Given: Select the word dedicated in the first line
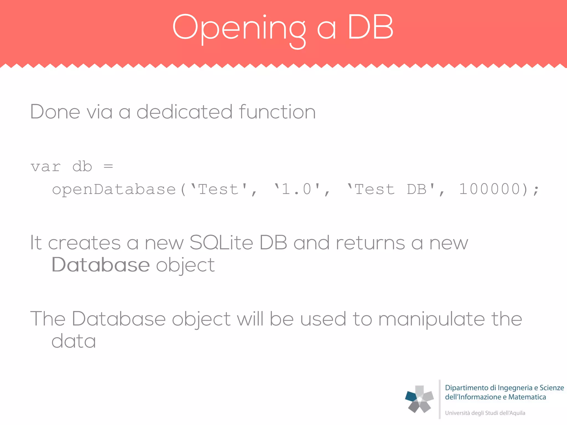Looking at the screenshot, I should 184,112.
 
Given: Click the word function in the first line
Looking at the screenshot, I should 277,112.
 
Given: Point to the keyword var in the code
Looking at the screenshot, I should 46,167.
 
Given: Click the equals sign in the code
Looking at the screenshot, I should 108,166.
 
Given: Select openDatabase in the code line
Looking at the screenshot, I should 114,190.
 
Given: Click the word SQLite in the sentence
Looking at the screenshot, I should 221,243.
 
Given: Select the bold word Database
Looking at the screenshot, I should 101,265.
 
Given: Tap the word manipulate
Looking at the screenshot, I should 431,319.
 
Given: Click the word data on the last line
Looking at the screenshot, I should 74,341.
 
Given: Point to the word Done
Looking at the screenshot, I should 55,112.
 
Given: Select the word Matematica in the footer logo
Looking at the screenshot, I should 527,397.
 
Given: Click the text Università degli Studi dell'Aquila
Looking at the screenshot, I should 485,413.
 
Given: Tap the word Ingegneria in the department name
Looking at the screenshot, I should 515,388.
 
